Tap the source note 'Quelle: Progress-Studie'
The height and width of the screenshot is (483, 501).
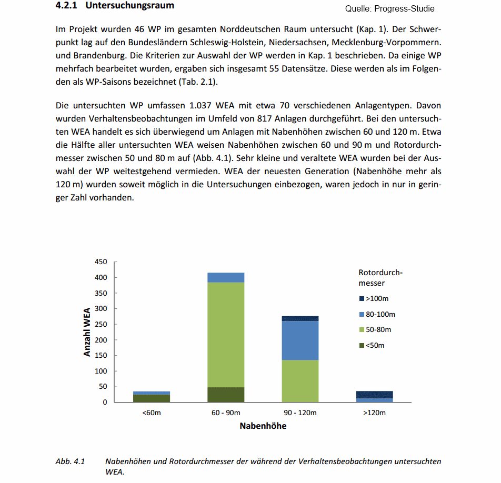coord(390,9)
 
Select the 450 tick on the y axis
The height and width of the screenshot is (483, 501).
coord(101,262)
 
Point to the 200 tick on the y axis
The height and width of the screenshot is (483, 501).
coord(101,340)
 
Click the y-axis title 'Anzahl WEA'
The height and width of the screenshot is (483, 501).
coord(87,332)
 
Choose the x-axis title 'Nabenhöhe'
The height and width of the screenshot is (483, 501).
coord(263,426)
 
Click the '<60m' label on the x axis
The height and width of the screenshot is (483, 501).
coord(152,413)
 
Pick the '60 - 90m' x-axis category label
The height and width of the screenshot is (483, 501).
coord(226,413)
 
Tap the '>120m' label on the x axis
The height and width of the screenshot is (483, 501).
coord(374,413)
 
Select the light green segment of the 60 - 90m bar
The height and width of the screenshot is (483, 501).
coord(226,335)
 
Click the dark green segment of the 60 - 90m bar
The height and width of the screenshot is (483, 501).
coord(226,395)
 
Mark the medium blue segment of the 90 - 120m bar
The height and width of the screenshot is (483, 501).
coord(300,340)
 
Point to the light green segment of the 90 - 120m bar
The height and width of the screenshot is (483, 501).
coord(300,381)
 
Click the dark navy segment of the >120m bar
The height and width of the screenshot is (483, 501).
coord(374,394)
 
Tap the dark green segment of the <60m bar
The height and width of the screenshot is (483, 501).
coord(152,398)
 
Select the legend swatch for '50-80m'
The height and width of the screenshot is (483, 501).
coord(362,330)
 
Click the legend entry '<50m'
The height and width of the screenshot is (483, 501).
coord(375,346)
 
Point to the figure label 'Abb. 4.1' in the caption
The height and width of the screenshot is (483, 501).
coord(70,461)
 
